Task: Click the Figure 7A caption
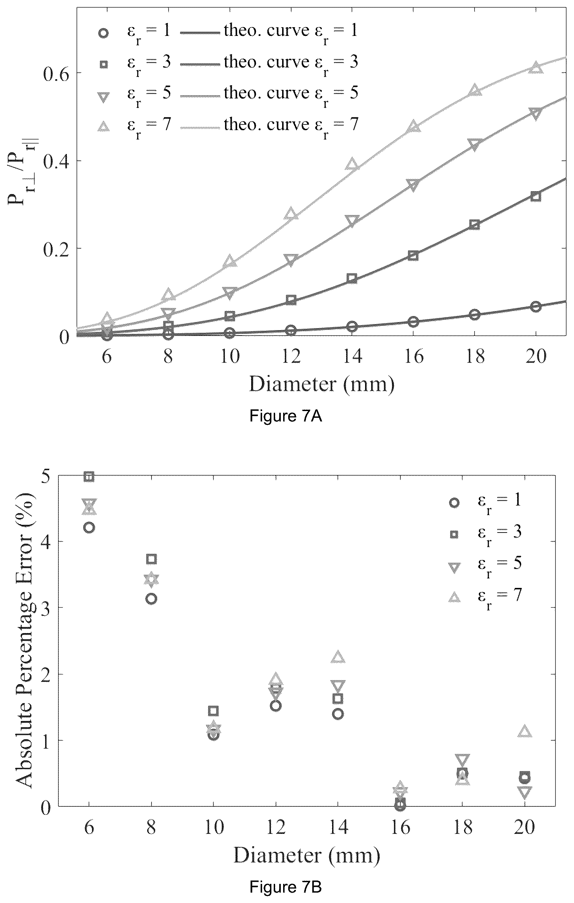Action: [x=286, y=416]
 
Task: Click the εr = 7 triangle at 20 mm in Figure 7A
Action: [x=536, y=67]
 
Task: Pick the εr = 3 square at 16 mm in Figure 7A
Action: [x=413, y=256]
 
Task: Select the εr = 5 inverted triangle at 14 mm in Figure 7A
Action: [x=352, y=220]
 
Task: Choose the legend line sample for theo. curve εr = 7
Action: [x=200, y=128]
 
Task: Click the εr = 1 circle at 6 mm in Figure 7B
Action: [x=89, y=528]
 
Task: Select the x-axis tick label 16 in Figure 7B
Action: [x=400, y=827]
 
